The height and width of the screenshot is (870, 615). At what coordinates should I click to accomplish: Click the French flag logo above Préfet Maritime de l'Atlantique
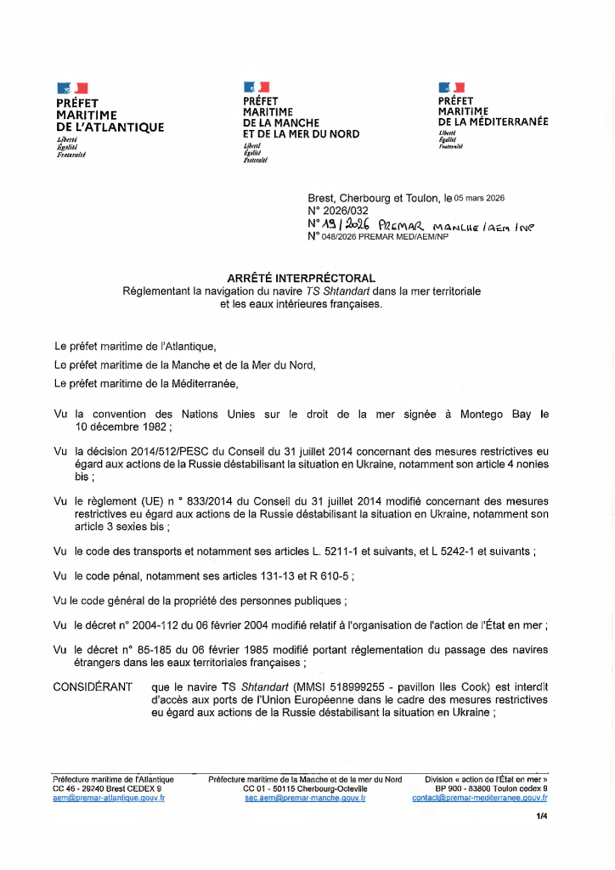72,88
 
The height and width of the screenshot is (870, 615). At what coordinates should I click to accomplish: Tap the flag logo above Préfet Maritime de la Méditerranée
451,87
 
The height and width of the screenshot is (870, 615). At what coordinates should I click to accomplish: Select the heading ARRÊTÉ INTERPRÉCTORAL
302,278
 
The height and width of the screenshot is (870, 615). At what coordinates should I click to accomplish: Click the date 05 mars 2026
480,198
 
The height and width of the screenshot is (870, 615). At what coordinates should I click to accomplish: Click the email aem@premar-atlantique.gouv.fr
109,799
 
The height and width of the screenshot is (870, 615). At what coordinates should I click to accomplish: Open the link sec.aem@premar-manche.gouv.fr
305,799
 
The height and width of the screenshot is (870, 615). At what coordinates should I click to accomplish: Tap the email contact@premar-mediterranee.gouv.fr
480,799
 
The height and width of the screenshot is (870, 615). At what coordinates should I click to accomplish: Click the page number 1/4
541,816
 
